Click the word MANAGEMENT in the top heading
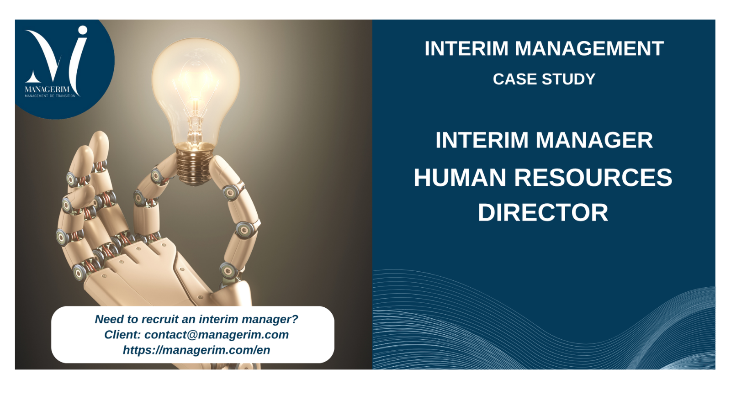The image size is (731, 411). (589, 48)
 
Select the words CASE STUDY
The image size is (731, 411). (544, 79)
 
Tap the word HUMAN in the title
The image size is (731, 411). (460, 178)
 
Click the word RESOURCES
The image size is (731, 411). (593, 178)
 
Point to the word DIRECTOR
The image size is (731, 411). (543, 213)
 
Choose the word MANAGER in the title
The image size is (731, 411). (594, 140)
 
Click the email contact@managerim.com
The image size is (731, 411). (217, 335)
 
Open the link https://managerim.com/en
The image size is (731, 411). (196, 350)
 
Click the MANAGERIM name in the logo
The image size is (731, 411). (47, 90)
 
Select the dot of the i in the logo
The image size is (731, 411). (83, 30)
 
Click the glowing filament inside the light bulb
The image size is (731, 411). (196, 105)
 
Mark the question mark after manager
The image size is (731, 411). (295, 319)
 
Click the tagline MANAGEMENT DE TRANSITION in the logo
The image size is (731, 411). (50, 96)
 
